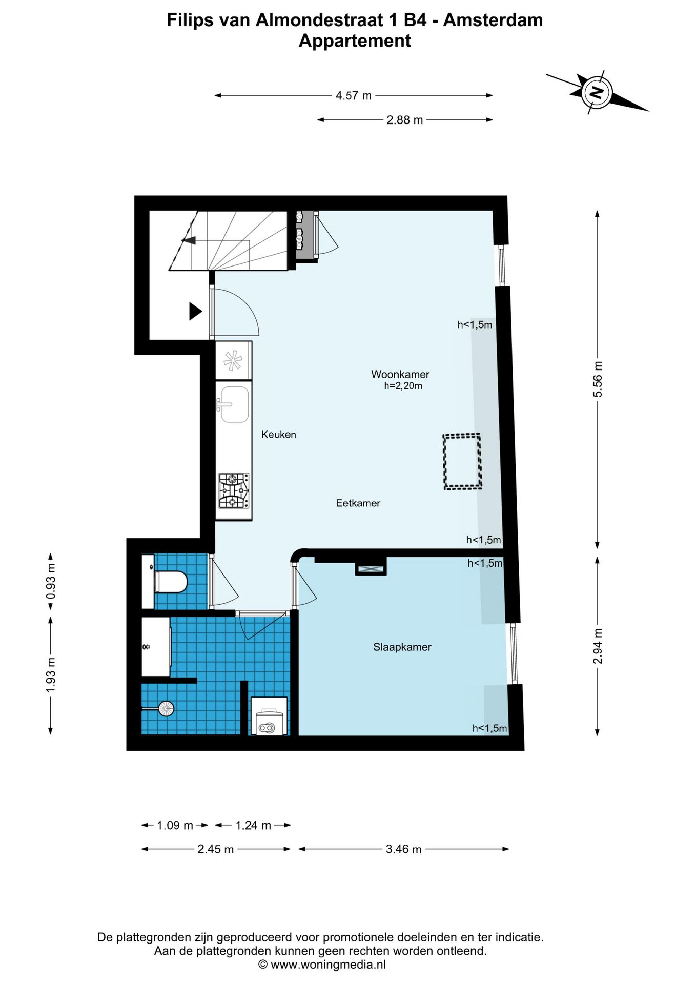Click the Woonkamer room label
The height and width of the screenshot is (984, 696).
400,374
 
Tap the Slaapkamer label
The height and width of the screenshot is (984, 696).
402,647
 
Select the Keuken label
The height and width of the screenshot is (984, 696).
279,435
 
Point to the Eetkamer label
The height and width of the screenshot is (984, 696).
358,503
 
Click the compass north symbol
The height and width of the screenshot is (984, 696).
597,92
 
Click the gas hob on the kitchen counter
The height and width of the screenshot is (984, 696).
234,490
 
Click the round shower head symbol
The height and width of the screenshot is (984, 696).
166,709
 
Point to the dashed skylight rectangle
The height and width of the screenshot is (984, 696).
462,461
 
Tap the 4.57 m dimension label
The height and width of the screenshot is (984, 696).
354,96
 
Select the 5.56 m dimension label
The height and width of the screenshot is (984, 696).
598,379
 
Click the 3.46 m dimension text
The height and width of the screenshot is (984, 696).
404,849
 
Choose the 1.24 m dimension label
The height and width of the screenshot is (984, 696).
253,825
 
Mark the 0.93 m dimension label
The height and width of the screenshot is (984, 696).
51,581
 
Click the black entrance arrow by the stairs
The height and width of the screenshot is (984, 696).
195,311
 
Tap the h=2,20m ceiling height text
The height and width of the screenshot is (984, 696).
403,386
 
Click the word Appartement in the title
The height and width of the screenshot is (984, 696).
355,41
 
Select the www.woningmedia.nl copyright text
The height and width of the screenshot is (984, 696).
322,965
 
